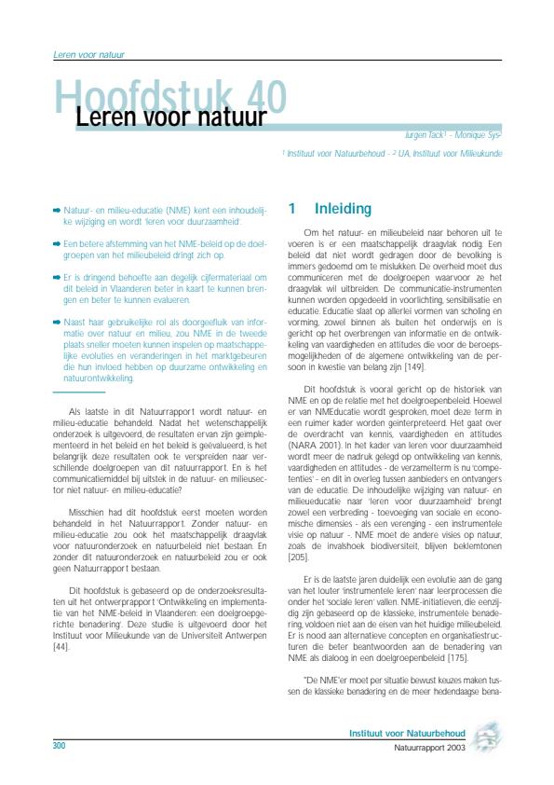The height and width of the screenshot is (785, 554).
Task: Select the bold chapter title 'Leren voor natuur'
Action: [163, 118]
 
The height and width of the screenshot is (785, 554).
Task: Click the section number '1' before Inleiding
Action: [292, 209]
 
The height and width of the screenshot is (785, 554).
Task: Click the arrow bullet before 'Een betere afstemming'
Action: [58, 241]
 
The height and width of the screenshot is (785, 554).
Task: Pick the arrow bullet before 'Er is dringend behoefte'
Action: [58, 277]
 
